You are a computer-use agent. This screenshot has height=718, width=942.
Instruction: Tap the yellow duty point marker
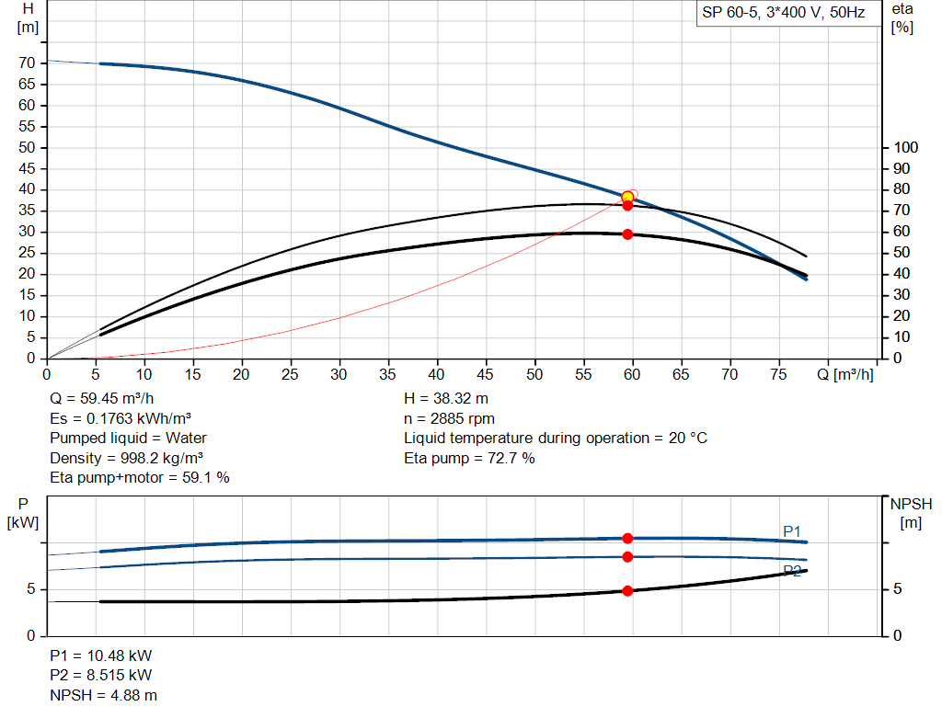(627, 197)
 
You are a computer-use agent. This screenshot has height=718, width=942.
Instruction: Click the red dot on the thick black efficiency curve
(627, 234)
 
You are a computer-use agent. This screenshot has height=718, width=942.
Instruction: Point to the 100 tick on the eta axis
(906, 147)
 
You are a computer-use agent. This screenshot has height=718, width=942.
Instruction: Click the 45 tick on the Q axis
(486, 374)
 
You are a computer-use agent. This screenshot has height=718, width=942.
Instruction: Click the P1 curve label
(792, 530)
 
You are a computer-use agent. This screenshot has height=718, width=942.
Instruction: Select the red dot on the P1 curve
(627, 539)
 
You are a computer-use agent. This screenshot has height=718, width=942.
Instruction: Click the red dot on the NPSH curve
(627, 591)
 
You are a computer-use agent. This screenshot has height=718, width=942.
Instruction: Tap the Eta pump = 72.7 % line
(469, 458)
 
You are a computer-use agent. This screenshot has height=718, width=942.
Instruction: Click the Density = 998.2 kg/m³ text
(127, 458)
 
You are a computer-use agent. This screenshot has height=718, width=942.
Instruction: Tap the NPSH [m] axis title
(911, 513)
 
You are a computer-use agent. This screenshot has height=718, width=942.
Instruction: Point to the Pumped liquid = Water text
(129, 438)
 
